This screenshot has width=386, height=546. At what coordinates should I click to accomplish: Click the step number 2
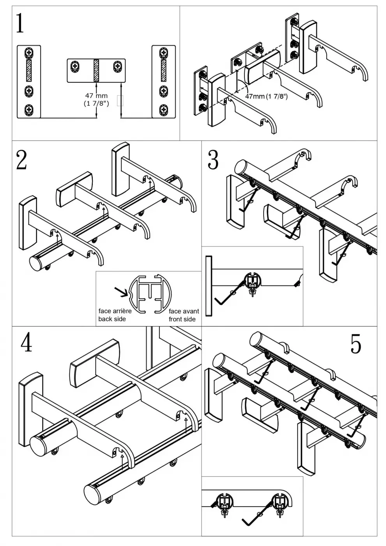(x=21, y=160)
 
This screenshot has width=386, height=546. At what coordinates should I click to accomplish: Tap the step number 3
(x=213, y=160)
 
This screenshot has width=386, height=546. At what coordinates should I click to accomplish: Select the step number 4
(x=26, y=343)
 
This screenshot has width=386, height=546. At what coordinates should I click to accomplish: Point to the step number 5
(x=356, y=344)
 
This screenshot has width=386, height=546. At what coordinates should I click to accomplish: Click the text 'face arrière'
(x=115, y=311)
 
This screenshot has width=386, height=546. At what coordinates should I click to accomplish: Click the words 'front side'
(x=182, y=319)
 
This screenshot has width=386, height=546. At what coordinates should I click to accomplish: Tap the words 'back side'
(x=112, y=319)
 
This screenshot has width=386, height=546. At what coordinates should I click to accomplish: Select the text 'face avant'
(x=184, y=311)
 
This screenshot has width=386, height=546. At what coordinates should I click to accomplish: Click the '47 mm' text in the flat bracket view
(x=96, y=96)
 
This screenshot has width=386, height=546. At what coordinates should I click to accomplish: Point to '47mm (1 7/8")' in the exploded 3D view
(x=266, y=96)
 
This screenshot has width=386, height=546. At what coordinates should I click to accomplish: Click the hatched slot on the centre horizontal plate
(x=96, y=70)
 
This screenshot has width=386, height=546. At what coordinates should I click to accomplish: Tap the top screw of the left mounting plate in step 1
(x=29, y=53)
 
